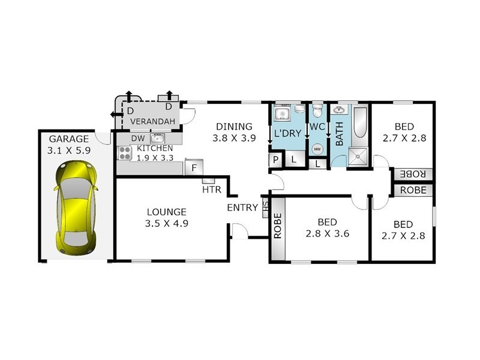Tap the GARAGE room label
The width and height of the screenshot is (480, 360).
(68, 139)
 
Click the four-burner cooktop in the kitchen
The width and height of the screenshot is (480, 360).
(125, 153)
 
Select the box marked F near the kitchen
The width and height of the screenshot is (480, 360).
(194, 168)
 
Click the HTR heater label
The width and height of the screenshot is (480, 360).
(211, 190)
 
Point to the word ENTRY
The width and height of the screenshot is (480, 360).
(242, 208)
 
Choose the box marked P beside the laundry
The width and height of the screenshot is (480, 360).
(275, 160)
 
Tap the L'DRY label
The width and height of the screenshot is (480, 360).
(286, 133)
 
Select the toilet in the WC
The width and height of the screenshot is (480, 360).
(317, 111)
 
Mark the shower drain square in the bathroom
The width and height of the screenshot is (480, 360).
(360, 157)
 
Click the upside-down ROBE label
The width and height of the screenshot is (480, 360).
(413, 174)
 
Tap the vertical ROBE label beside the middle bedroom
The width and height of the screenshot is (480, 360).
(278, 227)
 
